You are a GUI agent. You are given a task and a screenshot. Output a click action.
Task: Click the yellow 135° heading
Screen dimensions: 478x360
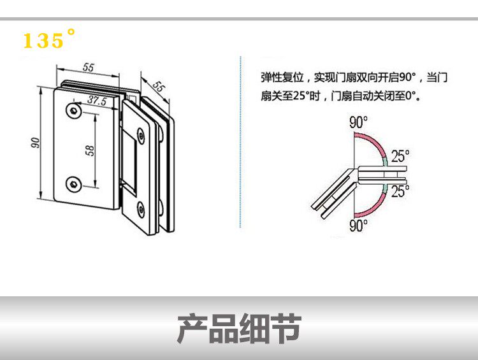click(x=48, y=40)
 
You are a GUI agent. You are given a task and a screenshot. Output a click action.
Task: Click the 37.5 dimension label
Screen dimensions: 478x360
click(x=96, y=100)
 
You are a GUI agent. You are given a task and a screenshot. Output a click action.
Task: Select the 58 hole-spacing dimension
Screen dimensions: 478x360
click(x=90, y=150)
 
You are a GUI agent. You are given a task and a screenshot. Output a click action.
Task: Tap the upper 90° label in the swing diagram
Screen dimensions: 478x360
click(x=358, y=123)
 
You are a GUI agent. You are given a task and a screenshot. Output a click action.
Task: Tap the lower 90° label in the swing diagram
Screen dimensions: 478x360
click(x=358, y=225)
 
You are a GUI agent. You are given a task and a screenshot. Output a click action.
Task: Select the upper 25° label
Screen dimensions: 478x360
click(x=400, y=155)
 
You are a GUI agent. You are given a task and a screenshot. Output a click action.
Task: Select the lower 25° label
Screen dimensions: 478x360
click(x=400, y=191)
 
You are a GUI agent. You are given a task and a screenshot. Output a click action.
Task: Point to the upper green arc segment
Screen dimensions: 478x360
click(x=386, y=160)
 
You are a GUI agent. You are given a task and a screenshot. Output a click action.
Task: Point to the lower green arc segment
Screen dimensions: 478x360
click(x=386, y=187)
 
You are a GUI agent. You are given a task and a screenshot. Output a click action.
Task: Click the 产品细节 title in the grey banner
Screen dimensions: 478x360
click(x=238, y=328)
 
